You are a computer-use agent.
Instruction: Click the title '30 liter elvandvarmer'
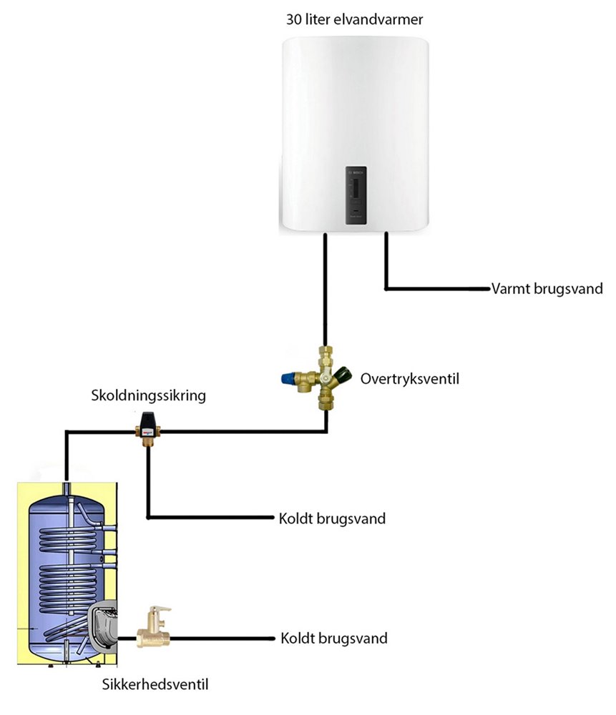[355, 19]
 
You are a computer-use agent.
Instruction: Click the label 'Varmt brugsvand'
[547, 290]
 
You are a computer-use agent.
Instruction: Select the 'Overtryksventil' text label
[409, 378]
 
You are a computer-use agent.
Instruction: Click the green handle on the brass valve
[345, 373]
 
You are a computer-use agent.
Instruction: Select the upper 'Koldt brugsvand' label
[332, 518]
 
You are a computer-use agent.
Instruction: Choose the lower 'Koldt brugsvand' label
[334, 638]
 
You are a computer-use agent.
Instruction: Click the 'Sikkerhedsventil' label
[155, 686]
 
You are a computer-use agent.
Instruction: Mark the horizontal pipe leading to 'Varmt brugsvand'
[436, 290]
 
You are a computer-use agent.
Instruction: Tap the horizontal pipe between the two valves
[243, 431]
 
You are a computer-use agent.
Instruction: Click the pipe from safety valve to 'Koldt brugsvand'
[222, 638]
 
